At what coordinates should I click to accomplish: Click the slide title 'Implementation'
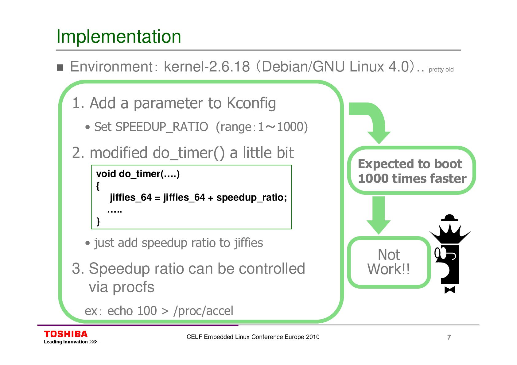tap(119, 36)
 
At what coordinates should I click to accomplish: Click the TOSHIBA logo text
tap(66, 334)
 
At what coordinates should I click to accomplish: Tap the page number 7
tap(449, 337)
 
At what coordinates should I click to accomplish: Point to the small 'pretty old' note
tap(441, 70)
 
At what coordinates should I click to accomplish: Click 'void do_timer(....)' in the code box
tap(138, 174)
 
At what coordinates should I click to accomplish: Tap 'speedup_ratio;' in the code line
tap(251, 198)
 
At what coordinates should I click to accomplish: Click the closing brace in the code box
tap(98, 221)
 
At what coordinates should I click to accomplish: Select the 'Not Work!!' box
tap(389, 262)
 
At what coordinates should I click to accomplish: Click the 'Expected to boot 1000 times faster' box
tap(411, 171)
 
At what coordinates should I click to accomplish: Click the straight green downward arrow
tap(379, 215)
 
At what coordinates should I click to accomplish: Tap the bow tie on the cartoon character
tap(450, 290)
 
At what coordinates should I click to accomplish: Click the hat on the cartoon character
tap(449, 218)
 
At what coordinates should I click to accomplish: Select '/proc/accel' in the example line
tap(203, 311)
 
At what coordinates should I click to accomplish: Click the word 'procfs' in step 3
tap(133, 287)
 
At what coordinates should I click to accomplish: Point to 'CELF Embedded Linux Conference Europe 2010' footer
tap(253, 337)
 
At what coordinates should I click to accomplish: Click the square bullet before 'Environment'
tap(60, 67)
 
